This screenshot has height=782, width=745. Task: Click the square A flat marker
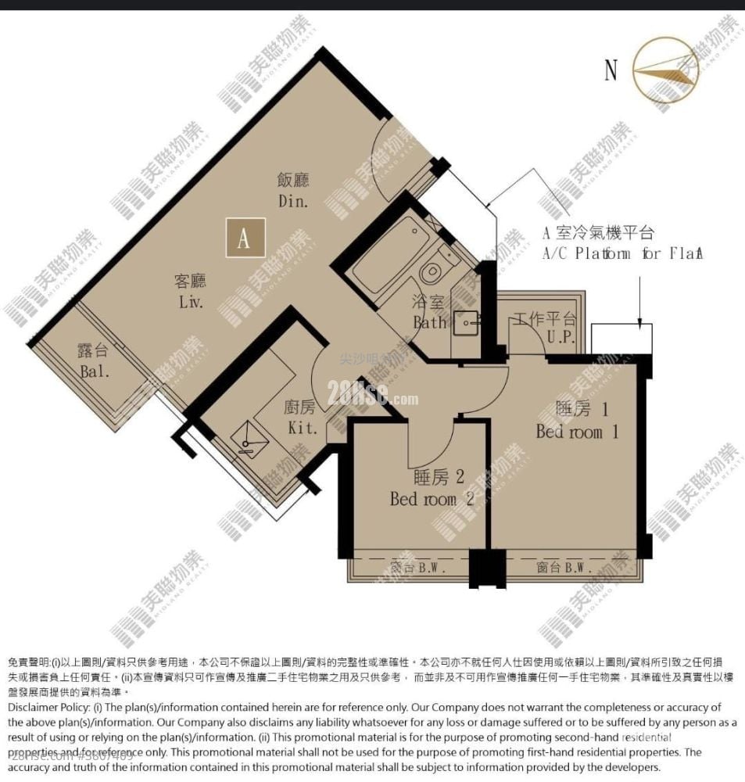click(245, 238)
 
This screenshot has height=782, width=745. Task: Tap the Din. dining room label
click(293, 190)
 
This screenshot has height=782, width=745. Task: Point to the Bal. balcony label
click(94, 361)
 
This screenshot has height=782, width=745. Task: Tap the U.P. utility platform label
click(545, 328)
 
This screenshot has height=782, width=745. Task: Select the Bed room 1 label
click(577, 420)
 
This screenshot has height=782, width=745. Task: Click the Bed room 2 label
click(432, 487)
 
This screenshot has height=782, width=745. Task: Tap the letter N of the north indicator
click(611, 70)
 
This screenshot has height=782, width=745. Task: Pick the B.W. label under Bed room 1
click(558, 569)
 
